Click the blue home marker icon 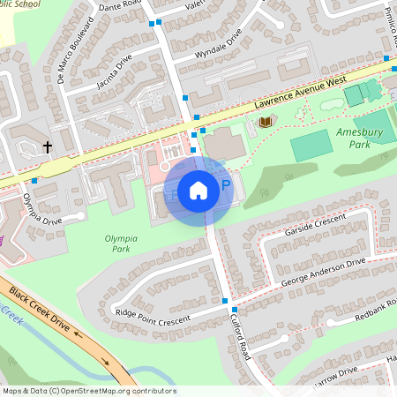pyautogui.click(x=198, y=191)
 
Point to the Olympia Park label pyautogui.click(x=123, y=243)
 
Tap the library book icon pyautogui.click(x=262, y=122)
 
